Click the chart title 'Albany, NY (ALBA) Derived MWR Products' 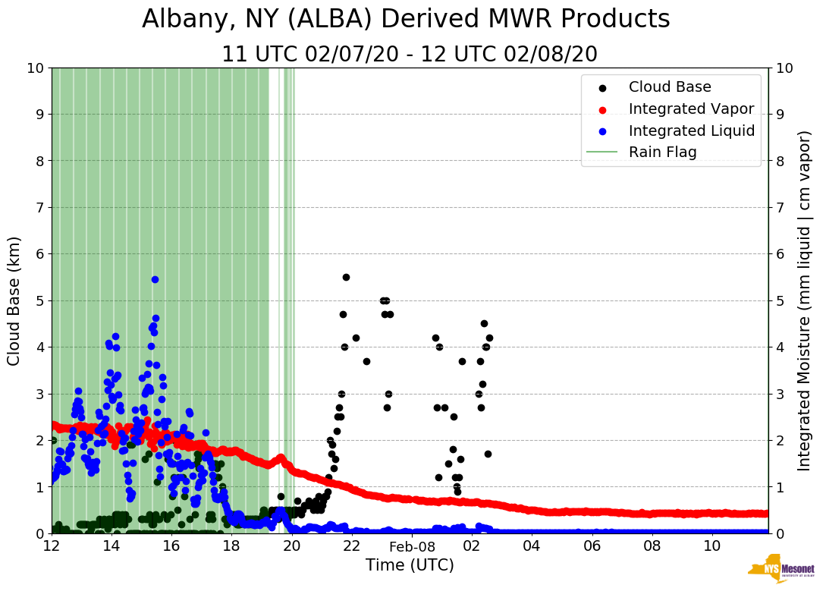(406, 19)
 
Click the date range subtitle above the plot (410, 55)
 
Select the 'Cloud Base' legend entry (670, 87)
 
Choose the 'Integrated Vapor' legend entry (691, 109)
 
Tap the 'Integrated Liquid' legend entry (691, 130)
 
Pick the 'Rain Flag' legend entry (662, 152)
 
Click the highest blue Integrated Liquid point (155, 279)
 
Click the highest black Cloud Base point (346, 277)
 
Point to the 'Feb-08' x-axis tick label (412, 546)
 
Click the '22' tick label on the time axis (352, 546)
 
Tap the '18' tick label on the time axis (231, 546)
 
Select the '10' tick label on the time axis (712, 546)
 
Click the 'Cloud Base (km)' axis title (14, 300)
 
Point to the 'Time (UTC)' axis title (410, 565)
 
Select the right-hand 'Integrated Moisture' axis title (805, 300)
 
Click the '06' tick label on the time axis (592, 546)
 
